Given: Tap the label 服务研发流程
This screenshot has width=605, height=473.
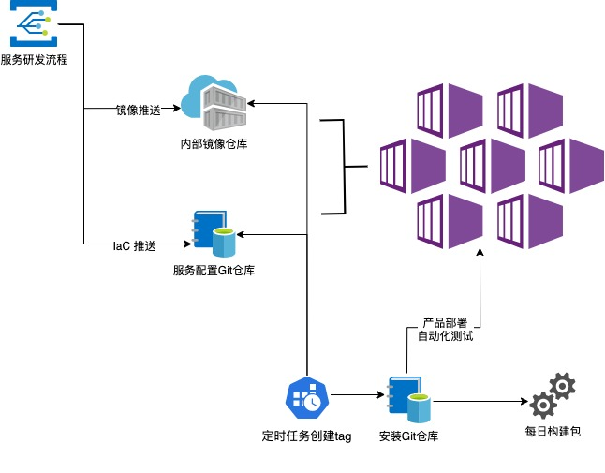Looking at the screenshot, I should pyautogui.click(x=34, y=60).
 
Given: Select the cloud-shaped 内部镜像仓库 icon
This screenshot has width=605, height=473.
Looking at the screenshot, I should pyautogui.click(x=214, y=102).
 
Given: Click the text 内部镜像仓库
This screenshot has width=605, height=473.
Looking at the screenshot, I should pyautogui.click(x=214, y=144).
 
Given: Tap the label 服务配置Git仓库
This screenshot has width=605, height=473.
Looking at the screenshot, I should pyautogui.click(x=214, y=271).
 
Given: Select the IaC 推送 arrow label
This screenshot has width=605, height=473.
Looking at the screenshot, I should pyautogui.click(x=132, y=245).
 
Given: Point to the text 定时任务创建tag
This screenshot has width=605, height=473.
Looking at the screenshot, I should pyautogui.click(x=306, y=436).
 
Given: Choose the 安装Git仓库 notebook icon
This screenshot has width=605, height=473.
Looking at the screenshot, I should pyautogui.click(x=409, y=401).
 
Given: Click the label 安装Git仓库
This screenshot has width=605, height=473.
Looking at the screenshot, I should pyautogui.click(x=409, y=436).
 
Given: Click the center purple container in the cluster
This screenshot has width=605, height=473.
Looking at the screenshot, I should pyautogui.click(x=483, y=167).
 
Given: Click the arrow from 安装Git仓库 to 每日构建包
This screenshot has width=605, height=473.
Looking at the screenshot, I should pyautogui.click(x=478, y=403).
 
